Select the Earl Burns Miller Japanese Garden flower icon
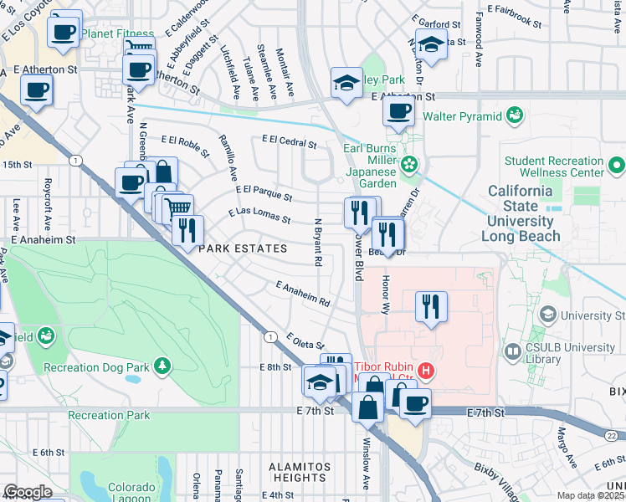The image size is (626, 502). (409, 163)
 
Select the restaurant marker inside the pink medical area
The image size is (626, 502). (431, 305)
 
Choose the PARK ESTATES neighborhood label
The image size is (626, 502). (242, 248)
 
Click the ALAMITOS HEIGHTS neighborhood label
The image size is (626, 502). (296, 471)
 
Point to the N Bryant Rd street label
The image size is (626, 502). (318, 243)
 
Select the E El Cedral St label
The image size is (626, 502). (289, 142)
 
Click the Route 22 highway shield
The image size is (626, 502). (612, 435)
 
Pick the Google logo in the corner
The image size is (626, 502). (28, 492)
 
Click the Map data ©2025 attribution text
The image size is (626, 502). (591, 495)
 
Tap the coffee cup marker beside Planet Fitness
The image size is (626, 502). (64, 33)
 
